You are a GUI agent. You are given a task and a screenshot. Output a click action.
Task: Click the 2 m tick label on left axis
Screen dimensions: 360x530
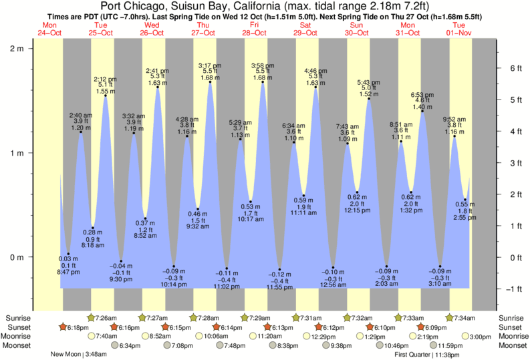tap(15, 49)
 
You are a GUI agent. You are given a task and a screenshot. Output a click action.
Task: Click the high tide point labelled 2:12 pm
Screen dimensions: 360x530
tap(106, 96)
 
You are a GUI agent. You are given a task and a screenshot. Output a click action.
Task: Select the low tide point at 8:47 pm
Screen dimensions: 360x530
tap(68, 254)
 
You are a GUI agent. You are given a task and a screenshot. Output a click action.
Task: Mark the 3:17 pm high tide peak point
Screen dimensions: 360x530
tap(211, 82)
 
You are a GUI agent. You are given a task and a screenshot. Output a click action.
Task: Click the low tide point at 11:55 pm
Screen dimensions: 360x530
tap(280, 269)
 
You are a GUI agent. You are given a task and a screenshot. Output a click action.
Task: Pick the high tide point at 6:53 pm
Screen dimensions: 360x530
tap(422, 111)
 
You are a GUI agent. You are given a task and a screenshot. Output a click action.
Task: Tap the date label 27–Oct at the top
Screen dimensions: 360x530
tap(203, 33)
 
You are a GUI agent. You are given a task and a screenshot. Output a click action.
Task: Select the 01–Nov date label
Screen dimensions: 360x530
tap(459, 33)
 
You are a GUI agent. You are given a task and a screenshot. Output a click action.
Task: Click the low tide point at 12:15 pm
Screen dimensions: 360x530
tap(358, 192)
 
